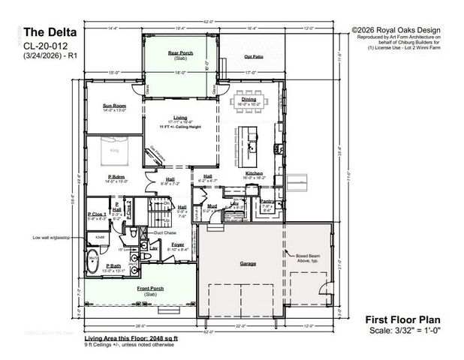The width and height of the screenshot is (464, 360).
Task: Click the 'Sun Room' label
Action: pos(114,106)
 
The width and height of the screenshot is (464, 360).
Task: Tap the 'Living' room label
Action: pos(180,118)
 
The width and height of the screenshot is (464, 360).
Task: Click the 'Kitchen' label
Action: pos(253,173)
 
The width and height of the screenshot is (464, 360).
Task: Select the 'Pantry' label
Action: pos(267,201)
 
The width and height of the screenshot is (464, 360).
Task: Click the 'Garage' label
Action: pos(248,263)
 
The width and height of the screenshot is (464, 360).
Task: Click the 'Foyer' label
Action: pos(177,244)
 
